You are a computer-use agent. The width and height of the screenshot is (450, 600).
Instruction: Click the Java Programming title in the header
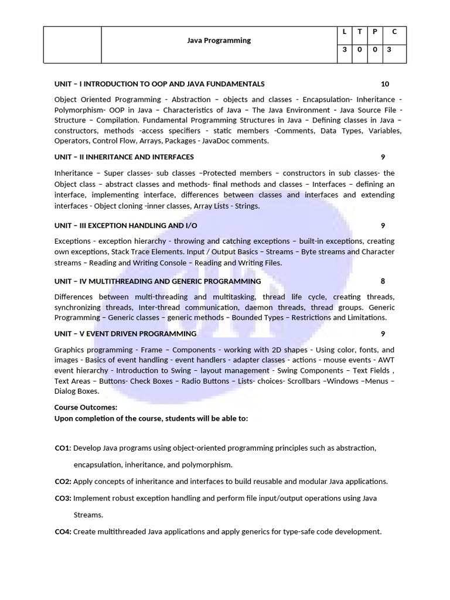219,40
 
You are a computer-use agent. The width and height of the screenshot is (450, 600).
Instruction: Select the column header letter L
344,32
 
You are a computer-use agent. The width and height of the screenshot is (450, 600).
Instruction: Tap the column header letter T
359,32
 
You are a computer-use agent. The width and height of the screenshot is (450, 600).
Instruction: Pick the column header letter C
394,32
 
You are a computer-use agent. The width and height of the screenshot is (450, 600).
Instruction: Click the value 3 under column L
344,50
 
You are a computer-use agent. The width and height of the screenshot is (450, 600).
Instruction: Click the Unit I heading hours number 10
384,84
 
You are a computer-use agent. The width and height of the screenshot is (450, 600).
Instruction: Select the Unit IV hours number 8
383,281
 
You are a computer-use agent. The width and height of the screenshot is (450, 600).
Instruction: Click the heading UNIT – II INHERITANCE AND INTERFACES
124,157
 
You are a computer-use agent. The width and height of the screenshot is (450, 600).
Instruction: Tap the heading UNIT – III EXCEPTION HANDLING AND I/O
125,226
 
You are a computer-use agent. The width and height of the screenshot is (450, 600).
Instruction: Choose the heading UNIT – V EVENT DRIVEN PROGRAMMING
125,334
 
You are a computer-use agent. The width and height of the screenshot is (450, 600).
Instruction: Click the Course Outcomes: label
86,407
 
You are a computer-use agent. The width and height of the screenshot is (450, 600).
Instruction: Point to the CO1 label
62,448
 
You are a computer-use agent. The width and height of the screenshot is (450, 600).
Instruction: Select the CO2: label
63,482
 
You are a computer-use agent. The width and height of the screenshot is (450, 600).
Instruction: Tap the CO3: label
63,498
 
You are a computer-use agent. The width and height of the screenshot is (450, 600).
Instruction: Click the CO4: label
63,532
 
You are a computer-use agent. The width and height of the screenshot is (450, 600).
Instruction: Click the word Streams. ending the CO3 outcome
88,515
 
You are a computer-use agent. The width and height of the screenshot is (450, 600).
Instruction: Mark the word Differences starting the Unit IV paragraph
74,297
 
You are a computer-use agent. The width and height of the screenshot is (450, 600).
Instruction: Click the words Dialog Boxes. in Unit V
77,391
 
